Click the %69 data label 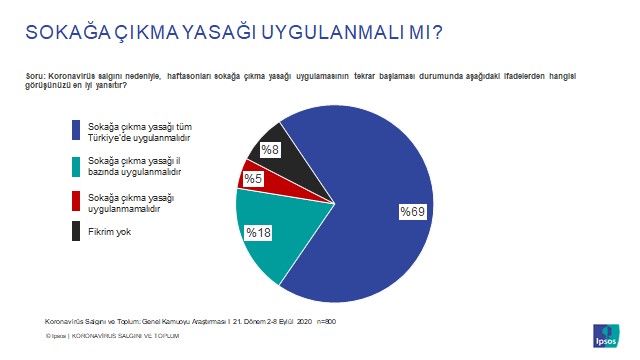click(413, 212)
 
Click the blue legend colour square click(77, 130)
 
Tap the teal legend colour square click(77, 165)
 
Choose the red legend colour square click(77, 200)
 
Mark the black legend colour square click(77, 232)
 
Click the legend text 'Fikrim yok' click(108, 232)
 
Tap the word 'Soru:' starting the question click(37, 76)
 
